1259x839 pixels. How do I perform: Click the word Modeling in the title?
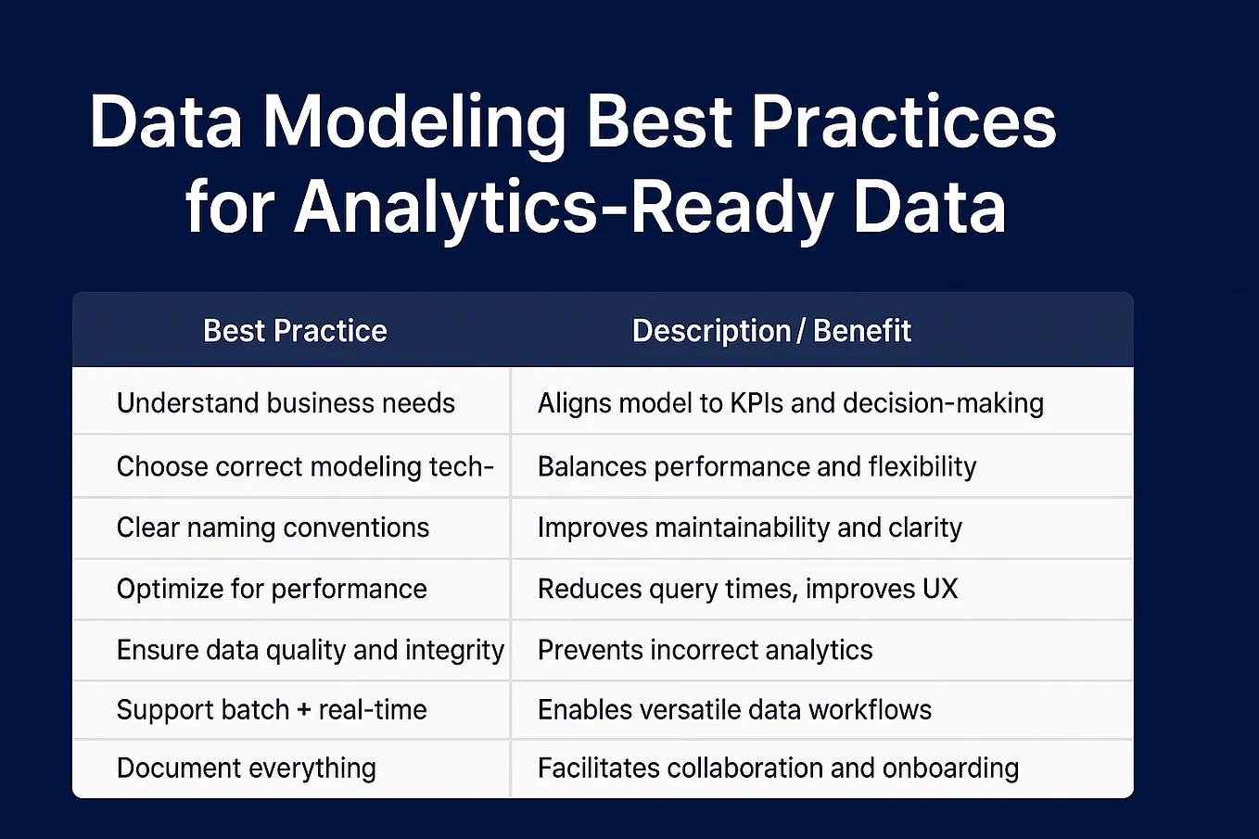[x=413, y=125]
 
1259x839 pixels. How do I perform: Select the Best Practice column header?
[x=295, y=330]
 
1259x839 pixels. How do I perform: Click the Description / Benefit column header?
[x=771, y=330]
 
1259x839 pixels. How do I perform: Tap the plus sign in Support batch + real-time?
[x=303, y=710]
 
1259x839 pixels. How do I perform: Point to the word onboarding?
[x=950, y=769]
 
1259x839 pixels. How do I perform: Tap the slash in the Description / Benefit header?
[x=802, y=331]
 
